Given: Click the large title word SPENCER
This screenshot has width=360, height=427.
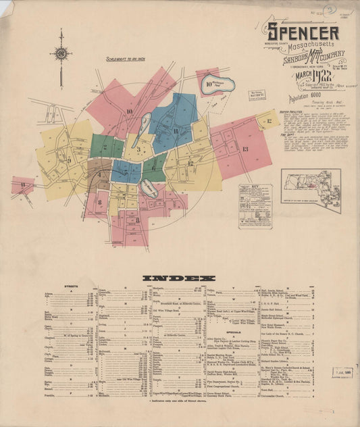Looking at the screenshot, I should tap(303, 32).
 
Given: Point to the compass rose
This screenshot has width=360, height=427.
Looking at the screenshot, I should tap(61, 53).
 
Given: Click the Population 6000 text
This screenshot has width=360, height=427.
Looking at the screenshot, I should tap(296, 97).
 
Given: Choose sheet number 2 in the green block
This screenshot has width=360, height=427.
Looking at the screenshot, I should tap(107, 146).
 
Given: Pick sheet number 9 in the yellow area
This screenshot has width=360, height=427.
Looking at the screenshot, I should tap(68, 161).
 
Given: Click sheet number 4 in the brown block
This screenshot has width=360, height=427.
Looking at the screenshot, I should tap(97, 174).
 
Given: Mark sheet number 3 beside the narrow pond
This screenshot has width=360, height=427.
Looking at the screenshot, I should tap(138, 149).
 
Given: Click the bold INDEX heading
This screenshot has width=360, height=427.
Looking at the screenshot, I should tap(179, 278).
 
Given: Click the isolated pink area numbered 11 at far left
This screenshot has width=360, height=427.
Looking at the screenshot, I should tap(23, 185).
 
